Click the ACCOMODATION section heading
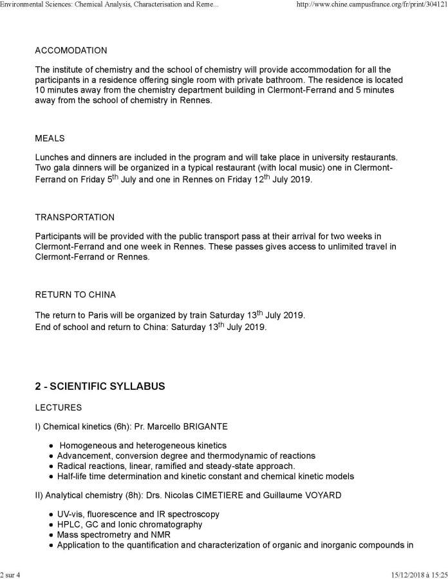(71, 50)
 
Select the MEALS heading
(50, 138)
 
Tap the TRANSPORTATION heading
(75, 217)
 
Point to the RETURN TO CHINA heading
(75, 296)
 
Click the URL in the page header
(369, 6)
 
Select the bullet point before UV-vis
(51, 515)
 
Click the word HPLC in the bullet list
(69, 524)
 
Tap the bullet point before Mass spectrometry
(51, 535)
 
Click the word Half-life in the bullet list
(72, 476)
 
